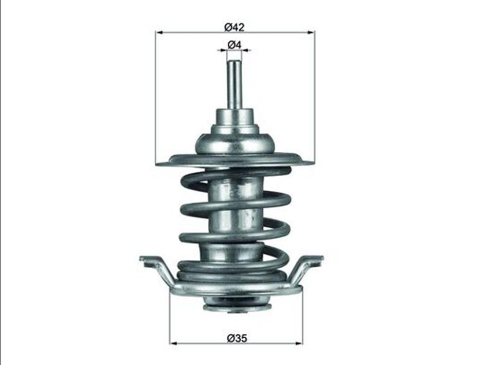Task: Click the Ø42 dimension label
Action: (234, 27)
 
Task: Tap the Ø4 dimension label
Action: (234, 45)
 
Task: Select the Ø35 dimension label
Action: (237, 338)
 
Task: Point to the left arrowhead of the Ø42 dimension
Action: (159, 32)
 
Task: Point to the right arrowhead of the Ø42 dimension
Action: (311, 32)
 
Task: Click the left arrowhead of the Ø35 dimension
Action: (173, 343)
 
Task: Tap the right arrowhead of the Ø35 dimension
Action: (298, 343)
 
